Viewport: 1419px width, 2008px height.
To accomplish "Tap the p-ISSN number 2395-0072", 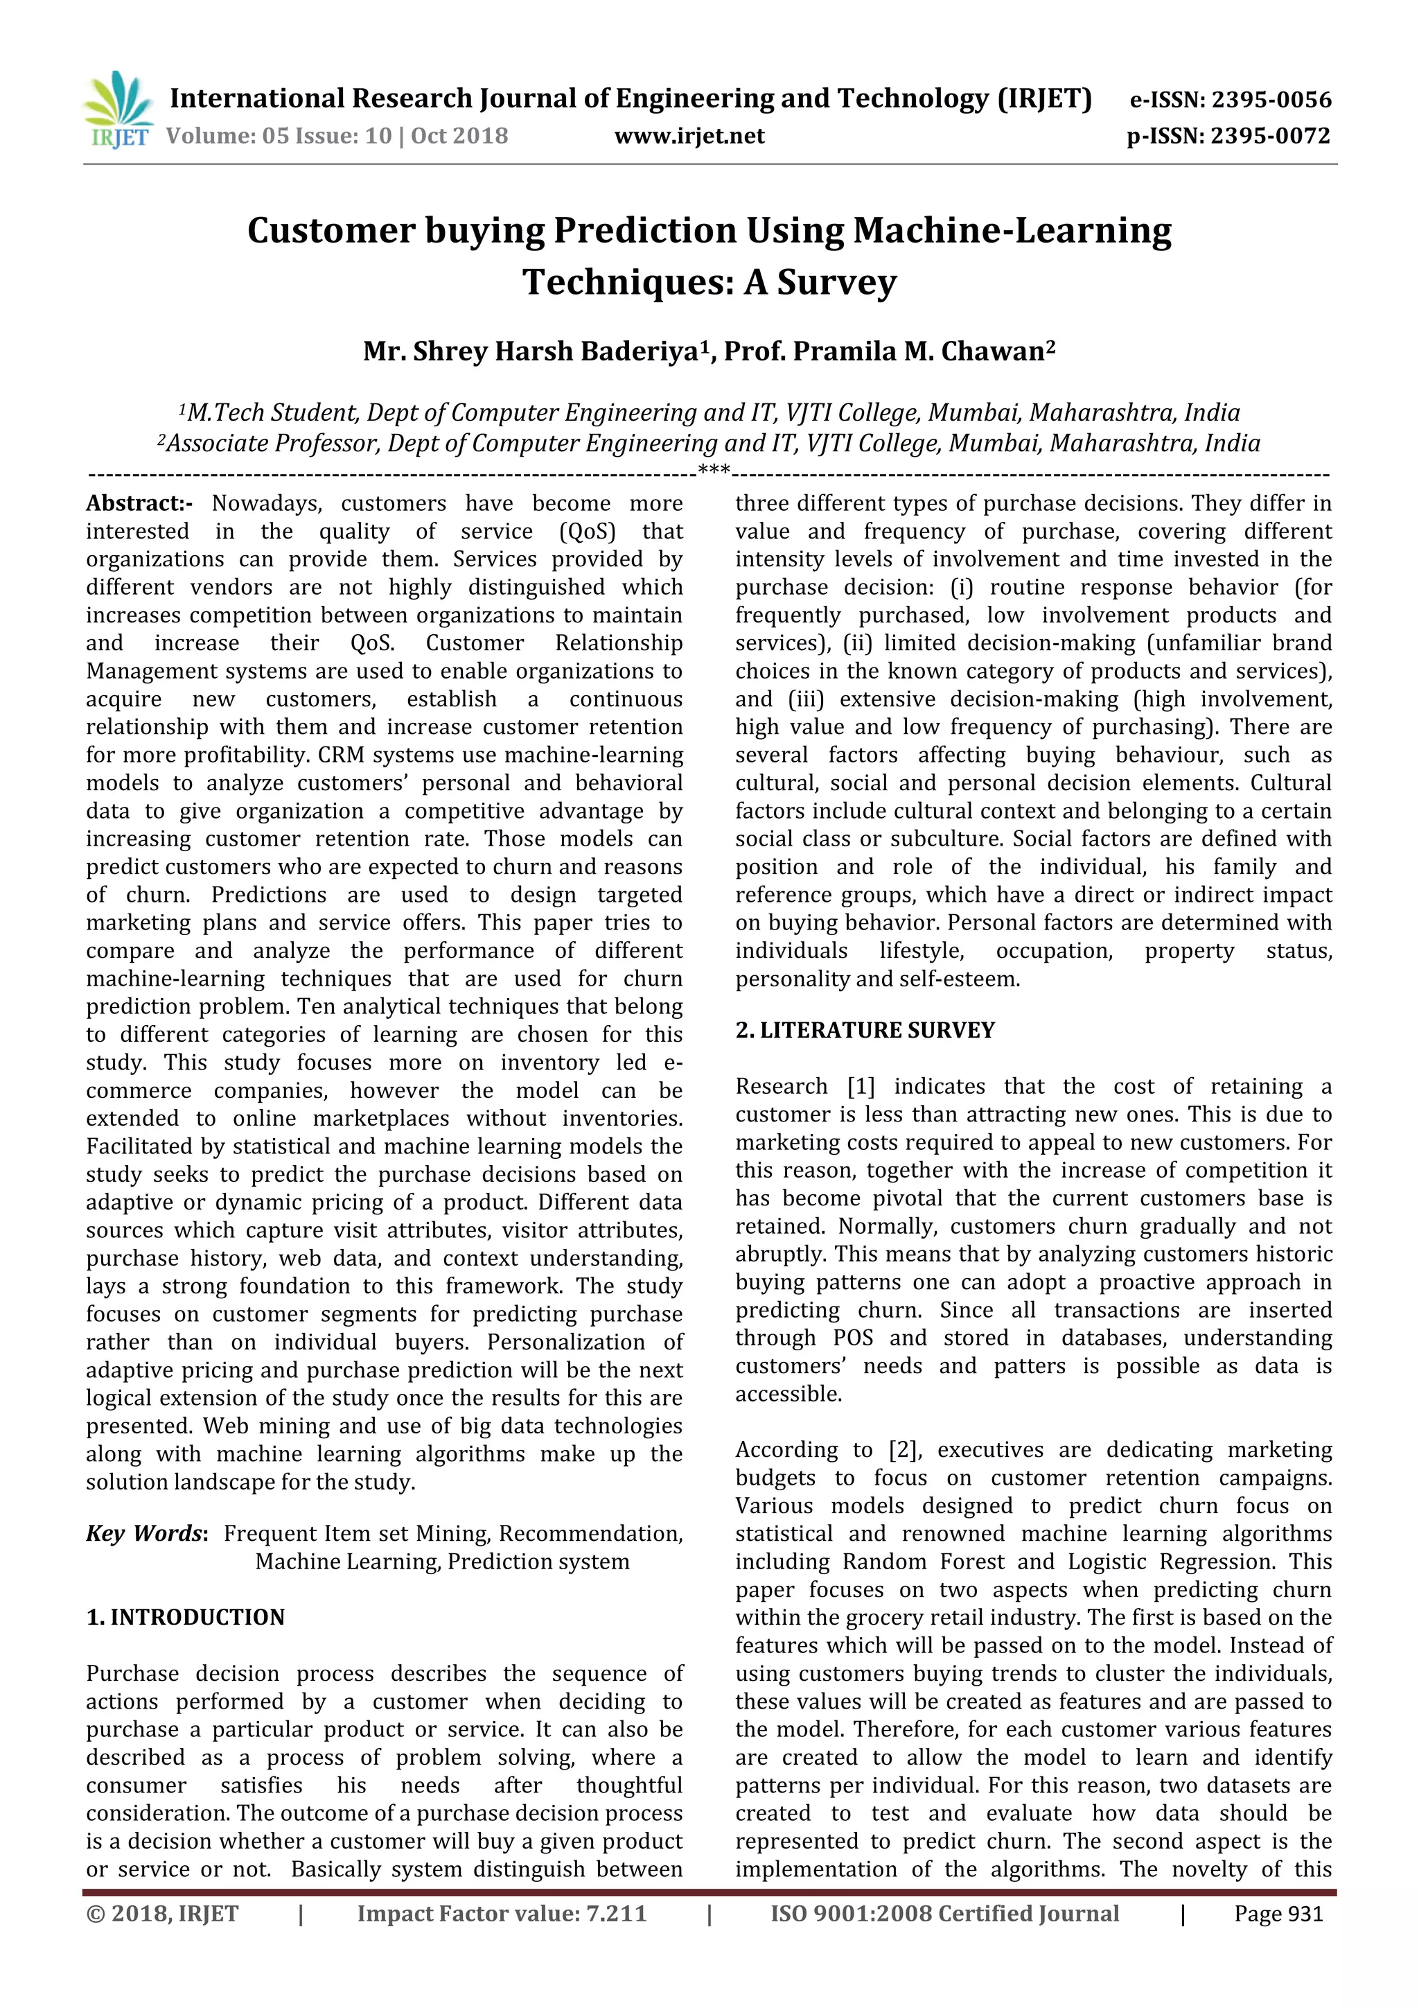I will pyautogui.click(x=1269, y=137).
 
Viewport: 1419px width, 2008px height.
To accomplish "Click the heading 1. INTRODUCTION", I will pyautogui.click(x=186, y=1618).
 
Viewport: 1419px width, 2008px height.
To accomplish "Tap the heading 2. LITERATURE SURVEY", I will pyautogui.click(x=865, y=1030).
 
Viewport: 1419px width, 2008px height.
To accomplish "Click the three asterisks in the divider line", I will pyautogui.click(x=714, y=472).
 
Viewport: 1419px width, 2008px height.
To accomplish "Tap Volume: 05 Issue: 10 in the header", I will pyautogui.click(x=278, y=137).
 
